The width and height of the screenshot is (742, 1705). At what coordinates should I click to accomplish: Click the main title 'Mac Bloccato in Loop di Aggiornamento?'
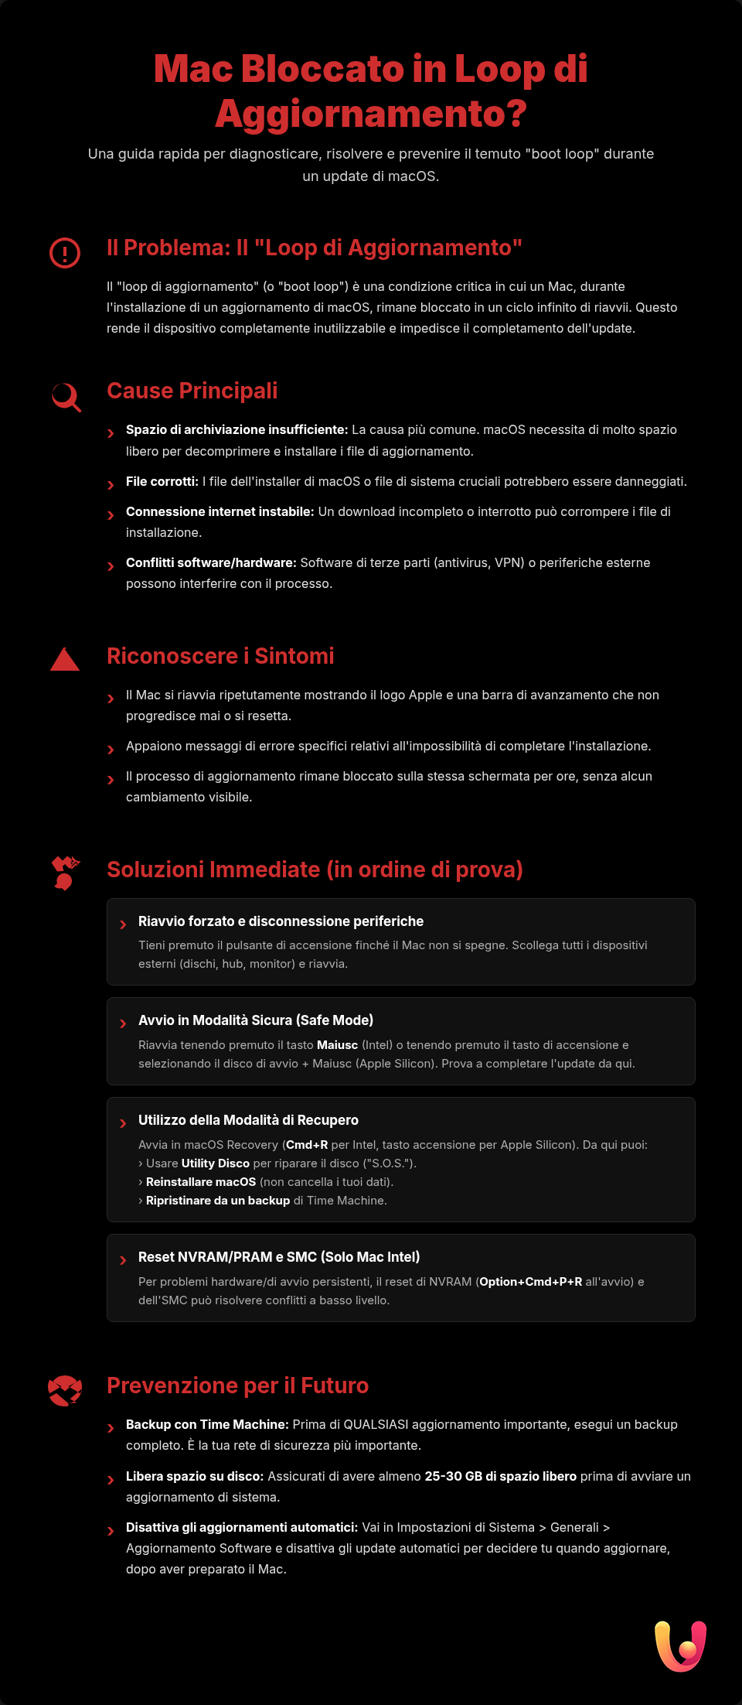(x=371, y=91)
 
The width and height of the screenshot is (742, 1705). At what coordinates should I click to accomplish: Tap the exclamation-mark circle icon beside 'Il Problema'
(x=65, y=253)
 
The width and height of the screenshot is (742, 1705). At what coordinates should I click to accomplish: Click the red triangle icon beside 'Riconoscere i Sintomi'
(x=65, y=660)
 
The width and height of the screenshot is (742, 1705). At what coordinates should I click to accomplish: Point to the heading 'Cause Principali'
(x=192, y=391)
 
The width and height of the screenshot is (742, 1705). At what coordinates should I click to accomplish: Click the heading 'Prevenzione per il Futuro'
(x=237, y=1386)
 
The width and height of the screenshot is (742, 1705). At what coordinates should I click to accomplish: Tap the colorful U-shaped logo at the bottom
(x=681, y=1645)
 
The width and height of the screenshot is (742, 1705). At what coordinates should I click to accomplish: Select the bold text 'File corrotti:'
(x=162, y=481)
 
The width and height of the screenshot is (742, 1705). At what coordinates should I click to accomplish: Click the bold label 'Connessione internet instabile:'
(x=220, y=511)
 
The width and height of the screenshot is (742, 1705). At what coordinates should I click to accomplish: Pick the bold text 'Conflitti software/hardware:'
(x=211, y=562)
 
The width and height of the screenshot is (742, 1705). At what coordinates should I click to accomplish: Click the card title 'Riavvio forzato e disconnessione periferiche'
(x=281, y=921)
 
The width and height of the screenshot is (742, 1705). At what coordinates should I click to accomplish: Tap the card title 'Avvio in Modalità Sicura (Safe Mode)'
(x=256, y=1020)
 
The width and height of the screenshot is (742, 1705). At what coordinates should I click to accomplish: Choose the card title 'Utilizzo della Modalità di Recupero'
(x=248, y=1120)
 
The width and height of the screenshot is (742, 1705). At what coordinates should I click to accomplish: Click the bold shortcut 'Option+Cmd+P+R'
(x=530, y=1282)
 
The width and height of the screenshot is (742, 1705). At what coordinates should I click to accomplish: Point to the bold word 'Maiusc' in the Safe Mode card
(x=337, y=1045)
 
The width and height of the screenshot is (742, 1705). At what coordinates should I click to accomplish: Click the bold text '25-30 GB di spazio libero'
(x=500, y=1476)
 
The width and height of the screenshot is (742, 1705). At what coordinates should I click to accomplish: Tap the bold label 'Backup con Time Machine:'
(x=207, y=1424)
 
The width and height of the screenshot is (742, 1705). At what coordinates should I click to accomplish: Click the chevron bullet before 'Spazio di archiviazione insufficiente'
(x=111, y=433)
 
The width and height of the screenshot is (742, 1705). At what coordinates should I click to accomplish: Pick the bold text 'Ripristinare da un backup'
(x=218, y=1201)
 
